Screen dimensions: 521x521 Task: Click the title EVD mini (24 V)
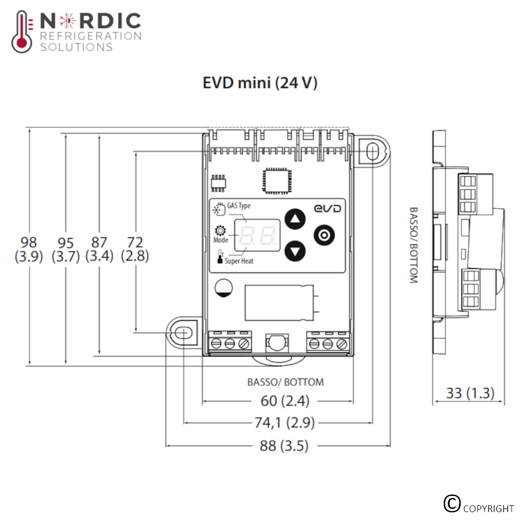coord(260,83)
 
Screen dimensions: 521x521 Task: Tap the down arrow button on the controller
coord(295,251)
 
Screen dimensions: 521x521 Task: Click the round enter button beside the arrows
coord(324,235)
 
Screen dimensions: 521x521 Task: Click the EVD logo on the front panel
coord(327,208)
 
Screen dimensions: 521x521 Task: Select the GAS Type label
coord(239,206)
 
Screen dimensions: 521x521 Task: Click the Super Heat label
coord(239,261)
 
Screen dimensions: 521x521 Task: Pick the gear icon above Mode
coord(220,231)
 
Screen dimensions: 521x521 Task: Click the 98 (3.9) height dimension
coord(29,249)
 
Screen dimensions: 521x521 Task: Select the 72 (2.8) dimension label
coord(135,249)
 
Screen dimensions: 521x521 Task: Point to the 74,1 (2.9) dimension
coord(284,423)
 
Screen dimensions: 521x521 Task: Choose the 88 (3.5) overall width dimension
coord(284,446)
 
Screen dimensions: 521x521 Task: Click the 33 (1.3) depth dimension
coord(469,393)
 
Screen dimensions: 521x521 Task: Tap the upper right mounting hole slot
coord(371,151)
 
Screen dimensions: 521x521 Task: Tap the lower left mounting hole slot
coord(182,332)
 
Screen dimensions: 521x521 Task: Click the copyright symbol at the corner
coord(452,503)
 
